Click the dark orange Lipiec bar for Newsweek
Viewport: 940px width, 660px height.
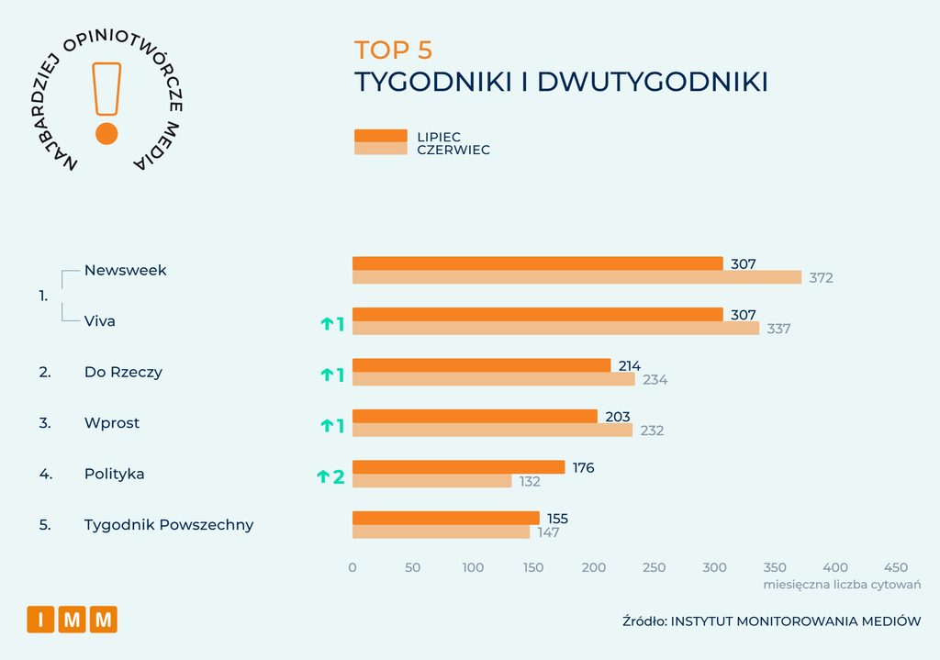(538, 263)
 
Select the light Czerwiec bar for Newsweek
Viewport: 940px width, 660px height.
(576, 277)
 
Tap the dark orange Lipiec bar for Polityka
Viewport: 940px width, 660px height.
(459, 467)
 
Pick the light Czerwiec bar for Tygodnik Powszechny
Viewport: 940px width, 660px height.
(442, 531)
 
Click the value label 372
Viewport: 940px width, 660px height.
(821, 278)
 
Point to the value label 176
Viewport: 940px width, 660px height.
(583, 467)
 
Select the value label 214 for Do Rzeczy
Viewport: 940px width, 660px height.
(630, 365)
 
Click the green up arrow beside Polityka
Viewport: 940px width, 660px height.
(323, 476)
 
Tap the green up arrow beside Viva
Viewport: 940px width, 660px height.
(327, 324)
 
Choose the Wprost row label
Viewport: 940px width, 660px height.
(111, 422)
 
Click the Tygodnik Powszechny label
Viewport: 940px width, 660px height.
(169, 525)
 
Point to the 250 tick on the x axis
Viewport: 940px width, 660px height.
(654, 567)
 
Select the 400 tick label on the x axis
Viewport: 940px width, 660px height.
(835, 567)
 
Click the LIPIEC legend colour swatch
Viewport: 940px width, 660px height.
(381, 136)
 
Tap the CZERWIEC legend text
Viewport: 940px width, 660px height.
(453, 150)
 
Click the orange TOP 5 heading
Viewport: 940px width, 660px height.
(393, 50)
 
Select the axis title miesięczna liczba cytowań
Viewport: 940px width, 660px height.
(842, 585)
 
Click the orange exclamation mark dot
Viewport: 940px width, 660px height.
(106, 134)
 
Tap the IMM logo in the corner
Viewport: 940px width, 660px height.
(72, 620)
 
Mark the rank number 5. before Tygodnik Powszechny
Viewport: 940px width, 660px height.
(45, 525)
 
